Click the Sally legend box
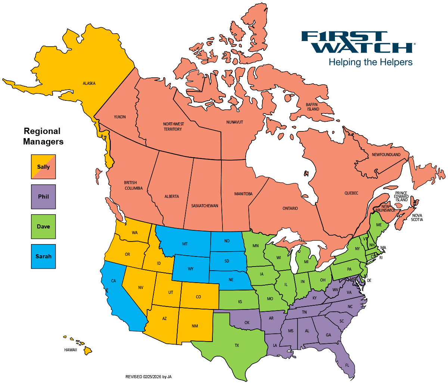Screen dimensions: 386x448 pos(43,166)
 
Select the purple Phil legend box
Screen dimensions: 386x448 pos(43,197)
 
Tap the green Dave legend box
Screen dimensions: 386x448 pos(43,227)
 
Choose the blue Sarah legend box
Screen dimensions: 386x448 pos(43,256)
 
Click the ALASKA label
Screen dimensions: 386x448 pos(89,83)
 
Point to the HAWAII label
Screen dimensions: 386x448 pos(71,350)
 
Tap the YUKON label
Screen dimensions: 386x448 pos(120,117)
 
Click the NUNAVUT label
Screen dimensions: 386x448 pos(234,122)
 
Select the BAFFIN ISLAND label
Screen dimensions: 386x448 pos(313,107)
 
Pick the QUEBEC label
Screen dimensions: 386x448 pos(351,193)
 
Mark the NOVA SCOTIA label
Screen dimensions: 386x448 pos(417,218)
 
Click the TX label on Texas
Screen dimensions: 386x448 pos(237,346)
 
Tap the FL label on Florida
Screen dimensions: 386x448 pos(347,365)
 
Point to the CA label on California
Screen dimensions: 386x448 pos(113,281)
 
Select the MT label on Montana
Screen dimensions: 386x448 pos(185,244)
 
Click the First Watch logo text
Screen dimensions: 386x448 pos(358,42)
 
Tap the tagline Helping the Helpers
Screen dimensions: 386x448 pos(370,62)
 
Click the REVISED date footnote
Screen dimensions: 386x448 pos(149,377)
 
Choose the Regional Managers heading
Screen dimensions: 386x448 pos(43,136)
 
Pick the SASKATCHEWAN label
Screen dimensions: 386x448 pos(205,206)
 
